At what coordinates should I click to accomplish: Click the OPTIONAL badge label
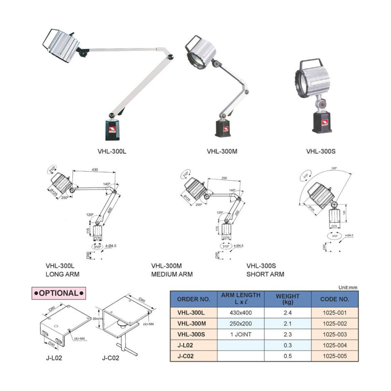[x=59, y=293]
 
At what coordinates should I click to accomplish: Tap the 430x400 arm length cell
[x=240, y=312]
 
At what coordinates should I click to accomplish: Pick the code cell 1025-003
[x=335, y=334]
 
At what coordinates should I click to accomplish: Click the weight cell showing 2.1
[x=287, y=324]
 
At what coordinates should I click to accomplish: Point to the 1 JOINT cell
[x=240, y=334]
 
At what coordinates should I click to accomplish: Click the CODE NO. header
[x=335, y=299]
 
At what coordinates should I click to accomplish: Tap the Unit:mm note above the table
[x=348, y=287]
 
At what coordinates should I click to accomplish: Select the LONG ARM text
[x=63, y=274]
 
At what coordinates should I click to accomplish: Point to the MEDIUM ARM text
[x=172, y=274]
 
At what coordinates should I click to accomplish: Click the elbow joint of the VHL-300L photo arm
[x=170, y=57]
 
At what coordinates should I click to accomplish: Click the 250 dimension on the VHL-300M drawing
[x=224, y=178]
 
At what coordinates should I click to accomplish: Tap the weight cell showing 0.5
[x=287, y=356]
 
